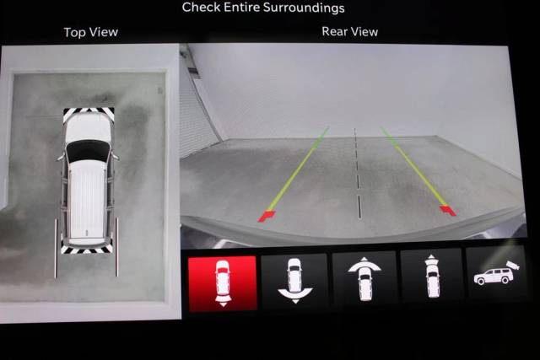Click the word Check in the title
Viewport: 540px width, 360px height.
click(201, 8)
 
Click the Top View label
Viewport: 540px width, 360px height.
click(91, 32)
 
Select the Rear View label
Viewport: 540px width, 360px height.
click(349, 32)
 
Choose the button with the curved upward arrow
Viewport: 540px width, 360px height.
click(364, 279)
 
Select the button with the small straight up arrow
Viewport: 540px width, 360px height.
click(431, 277)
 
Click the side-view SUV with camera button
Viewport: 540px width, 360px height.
click(496, 274)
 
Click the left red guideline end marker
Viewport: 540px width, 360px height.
click(267, 216)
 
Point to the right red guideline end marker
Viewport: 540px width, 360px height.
click(448, 210)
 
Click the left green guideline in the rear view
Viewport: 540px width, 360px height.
click(298, 169)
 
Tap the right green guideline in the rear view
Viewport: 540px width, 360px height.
click(413, 166)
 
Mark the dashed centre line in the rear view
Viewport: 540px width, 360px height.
click(358, 173)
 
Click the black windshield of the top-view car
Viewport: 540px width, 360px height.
click(88, 151)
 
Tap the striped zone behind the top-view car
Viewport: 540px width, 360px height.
click(87, 248)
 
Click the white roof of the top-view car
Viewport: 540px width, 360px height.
click(87, 198)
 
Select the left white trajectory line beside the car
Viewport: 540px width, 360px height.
click(56, 248)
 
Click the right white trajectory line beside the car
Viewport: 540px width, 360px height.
click(116, 247)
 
